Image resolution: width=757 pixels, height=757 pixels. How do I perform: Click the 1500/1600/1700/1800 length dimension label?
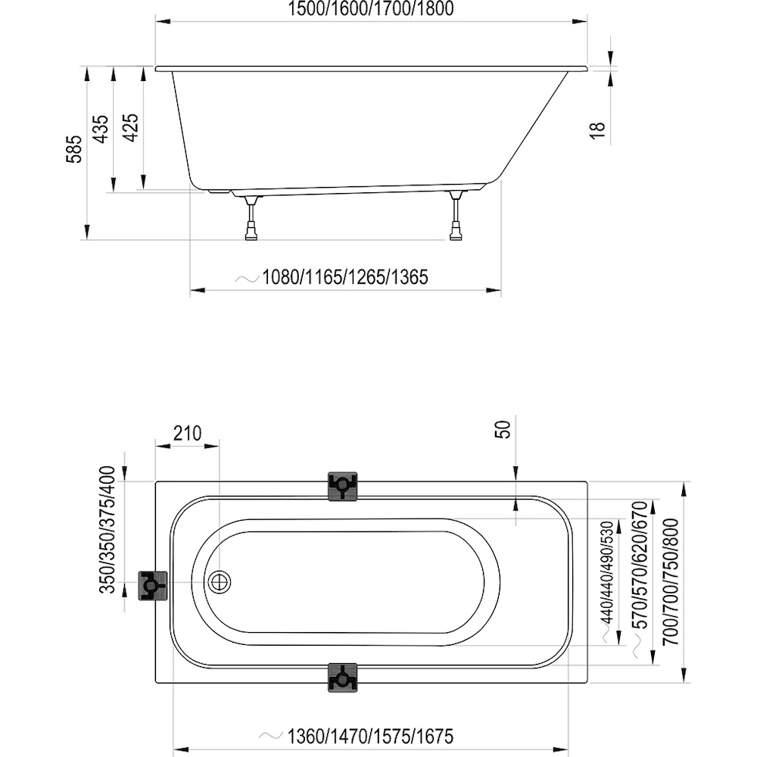[371, 8]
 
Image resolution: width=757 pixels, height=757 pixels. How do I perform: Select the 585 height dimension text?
[74, 149]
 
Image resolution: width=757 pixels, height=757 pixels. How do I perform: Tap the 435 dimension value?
[101, 129]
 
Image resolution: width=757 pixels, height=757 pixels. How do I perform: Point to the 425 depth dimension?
[130, 127]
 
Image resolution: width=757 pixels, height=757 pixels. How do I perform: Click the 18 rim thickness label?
[598, 130]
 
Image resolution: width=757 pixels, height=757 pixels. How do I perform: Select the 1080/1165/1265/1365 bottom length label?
[344, 277]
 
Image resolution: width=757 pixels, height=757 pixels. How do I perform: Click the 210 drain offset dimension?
[187, 433]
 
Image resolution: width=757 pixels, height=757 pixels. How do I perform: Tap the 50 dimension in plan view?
[503, 429]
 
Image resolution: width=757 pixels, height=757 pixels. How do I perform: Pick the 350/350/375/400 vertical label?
[107, 530]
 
